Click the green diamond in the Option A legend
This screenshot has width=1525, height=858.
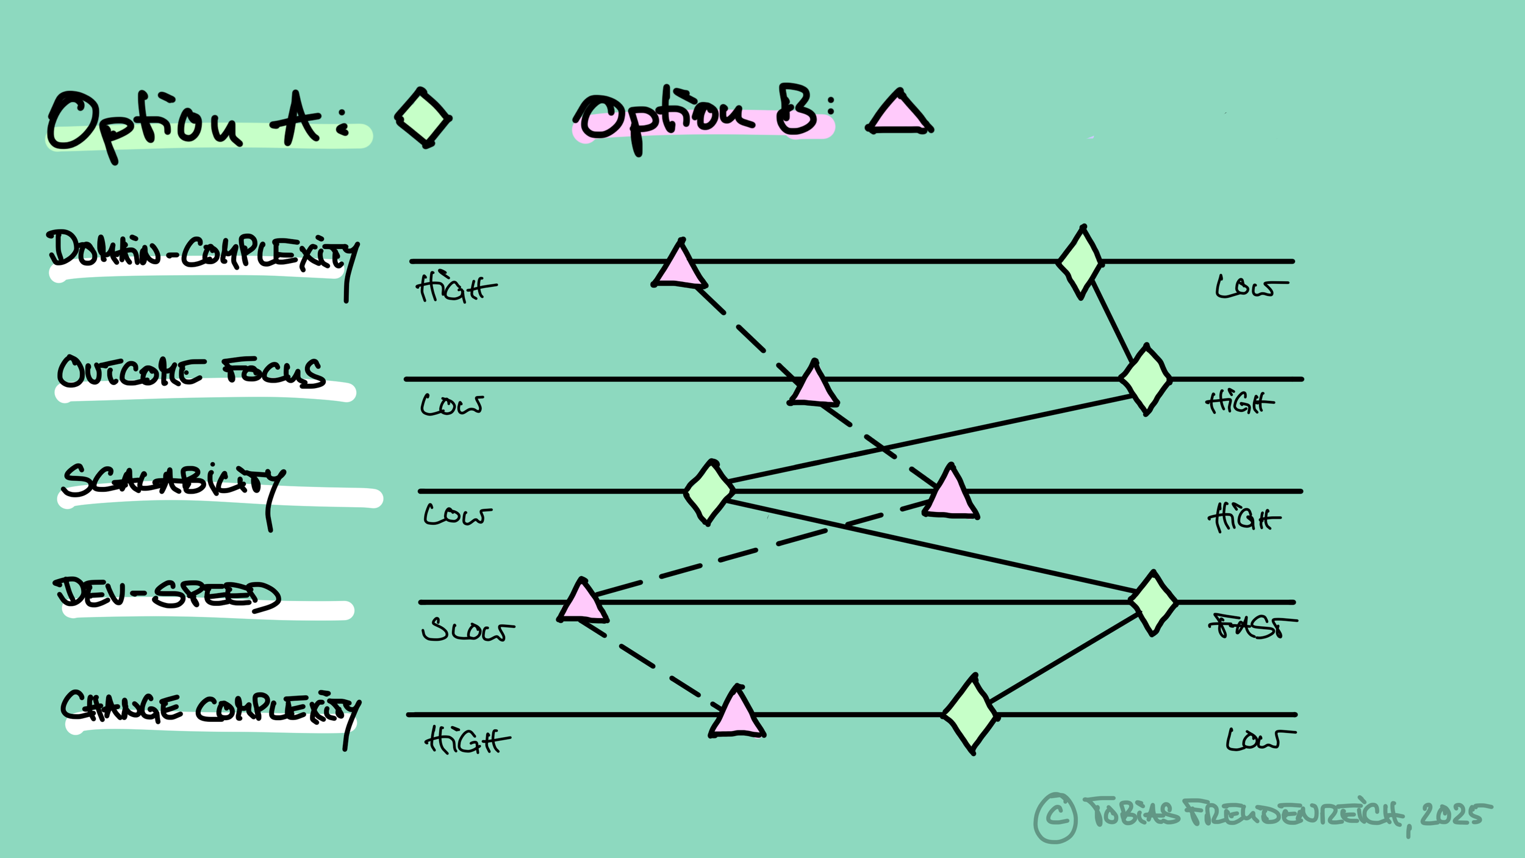[423, 118]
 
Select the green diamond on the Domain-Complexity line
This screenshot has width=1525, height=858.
[1081, 262]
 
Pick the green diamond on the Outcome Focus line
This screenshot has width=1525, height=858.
[1146, 380]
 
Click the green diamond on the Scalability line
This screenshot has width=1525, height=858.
[709, 492]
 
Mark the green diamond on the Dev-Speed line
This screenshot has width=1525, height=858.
[1153, 603]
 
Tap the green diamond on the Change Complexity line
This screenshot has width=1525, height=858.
[971, 714]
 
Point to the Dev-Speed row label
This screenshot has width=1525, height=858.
[168, 594]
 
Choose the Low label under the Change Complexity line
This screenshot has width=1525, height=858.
[1260, 739]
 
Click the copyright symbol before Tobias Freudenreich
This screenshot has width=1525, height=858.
[1055, 817]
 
